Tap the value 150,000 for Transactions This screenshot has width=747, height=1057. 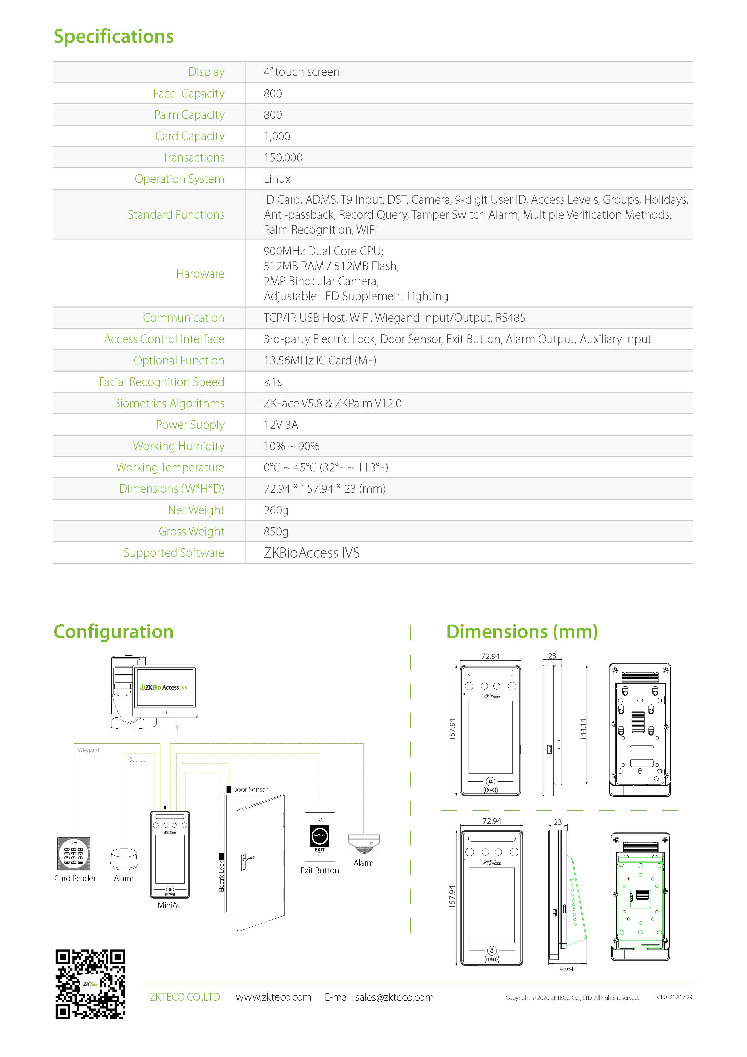point(283,157)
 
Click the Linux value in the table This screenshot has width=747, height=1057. point(277,179)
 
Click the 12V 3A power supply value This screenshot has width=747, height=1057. point(281,425)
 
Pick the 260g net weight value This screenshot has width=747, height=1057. point(276,510)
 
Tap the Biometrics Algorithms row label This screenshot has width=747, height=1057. point(169,403)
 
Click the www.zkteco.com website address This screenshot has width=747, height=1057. point(273,997)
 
